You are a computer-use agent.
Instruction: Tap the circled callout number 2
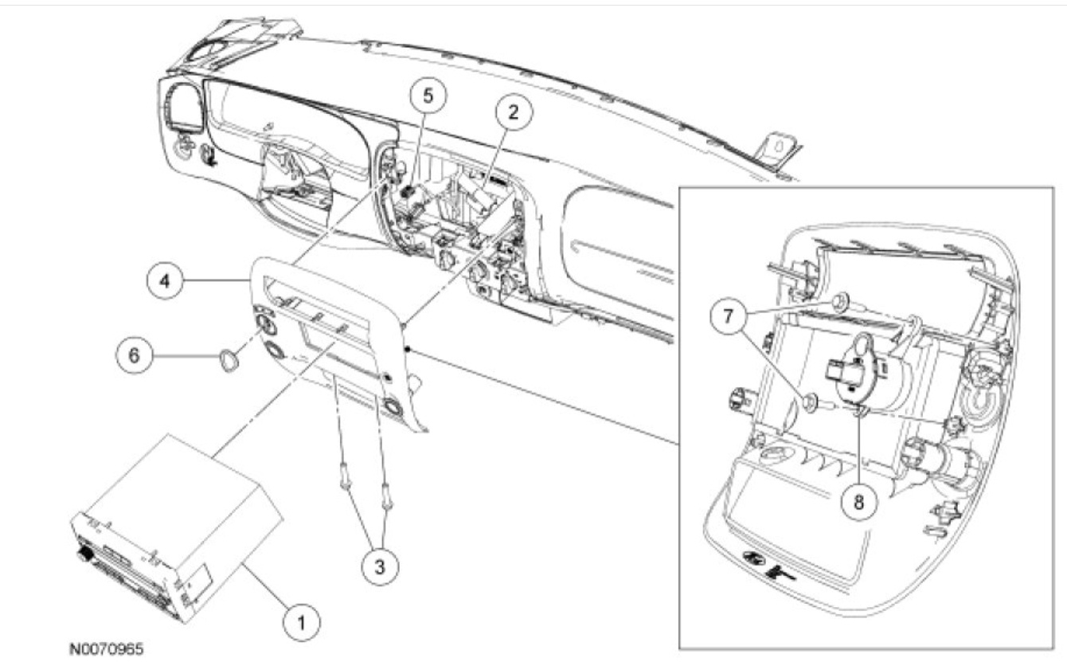(x=513, y=113)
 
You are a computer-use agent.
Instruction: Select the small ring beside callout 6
(x=225, y=362)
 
